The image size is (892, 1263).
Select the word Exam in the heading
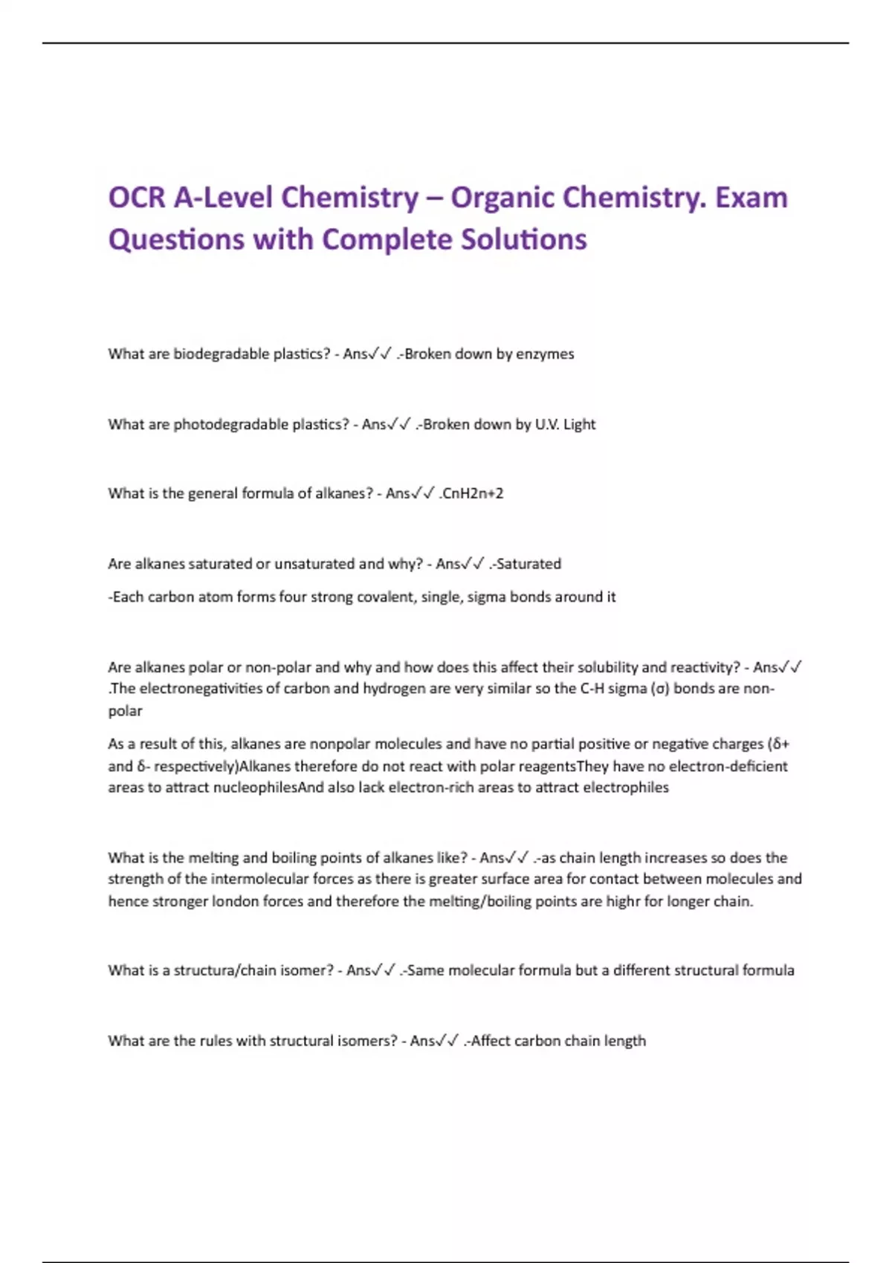[x=751, y=198]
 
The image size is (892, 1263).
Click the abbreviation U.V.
[x=547, y=425]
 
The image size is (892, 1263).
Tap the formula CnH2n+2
[x=473, y=493]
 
